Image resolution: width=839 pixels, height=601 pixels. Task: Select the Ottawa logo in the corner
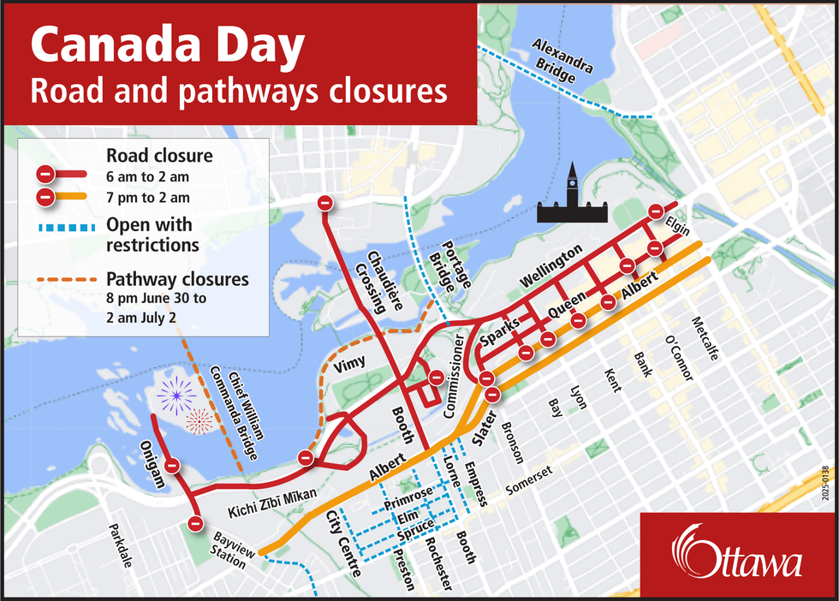coord(737,556)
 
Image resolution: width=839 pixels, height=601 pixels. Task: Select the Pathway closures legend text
coord(177,279)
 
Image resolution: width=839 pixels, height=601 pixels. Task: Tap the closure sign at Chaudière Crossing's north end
coord(324,203)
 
